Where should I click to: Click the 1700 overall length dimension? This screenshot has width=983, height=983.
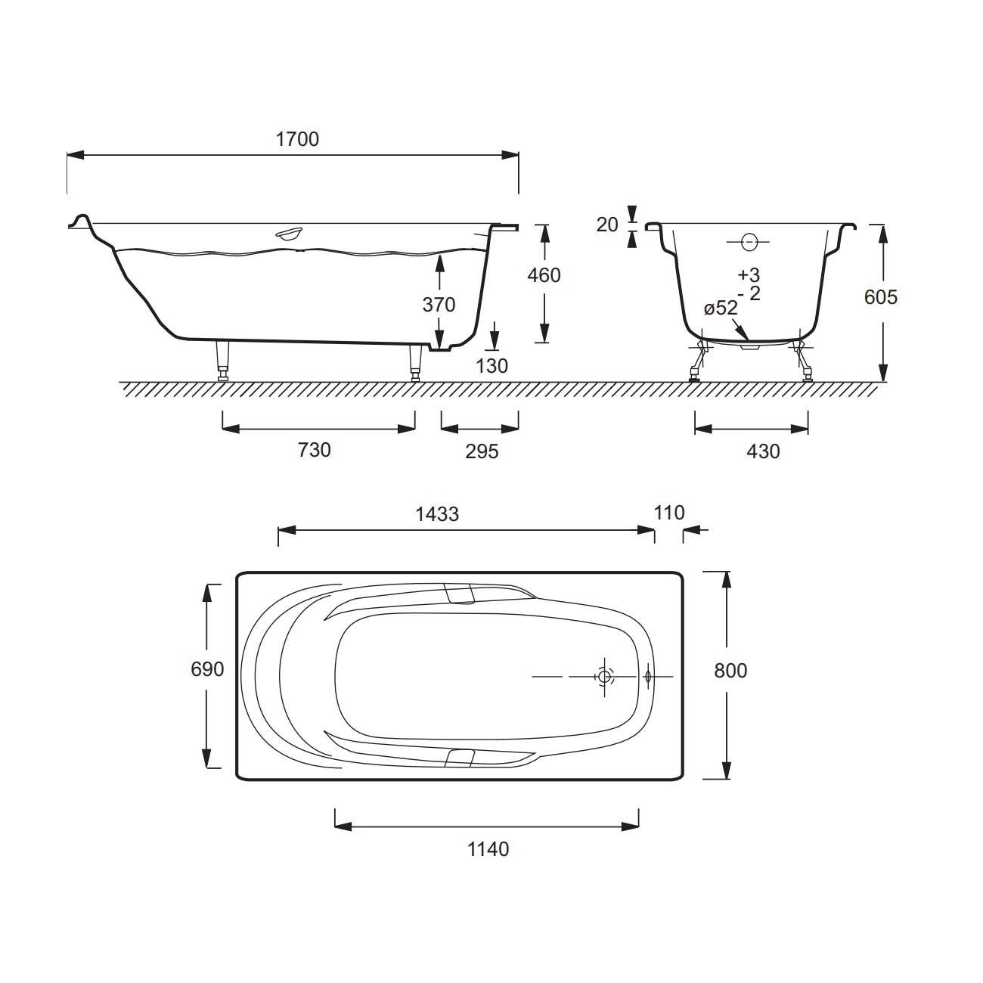(x=297, y=139)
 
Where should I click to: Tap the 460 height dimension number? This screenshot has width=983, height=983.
(x=544, y=275)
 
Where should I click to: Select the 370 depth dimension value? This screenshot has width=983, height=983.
(x=439, y=305)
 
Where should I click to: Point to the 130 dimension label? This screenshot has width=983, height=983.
(x=491, y=366)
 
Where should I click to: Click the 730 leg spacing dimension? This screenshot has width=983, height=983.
(x=315, y=450)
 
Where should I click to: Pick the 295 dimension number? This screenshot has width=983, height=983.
(x=482, y=451)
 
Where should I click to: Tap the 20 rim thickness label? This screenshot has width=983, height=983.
(x=607, y=225)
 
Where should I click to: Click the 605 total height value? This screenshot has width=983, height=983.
(x=880, y=297)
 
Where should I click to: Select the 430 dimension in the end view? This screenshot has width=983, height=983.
(x=763, y=451)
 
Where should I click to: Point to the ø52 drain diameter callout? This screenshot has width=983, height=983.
(x=721, y=308)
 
